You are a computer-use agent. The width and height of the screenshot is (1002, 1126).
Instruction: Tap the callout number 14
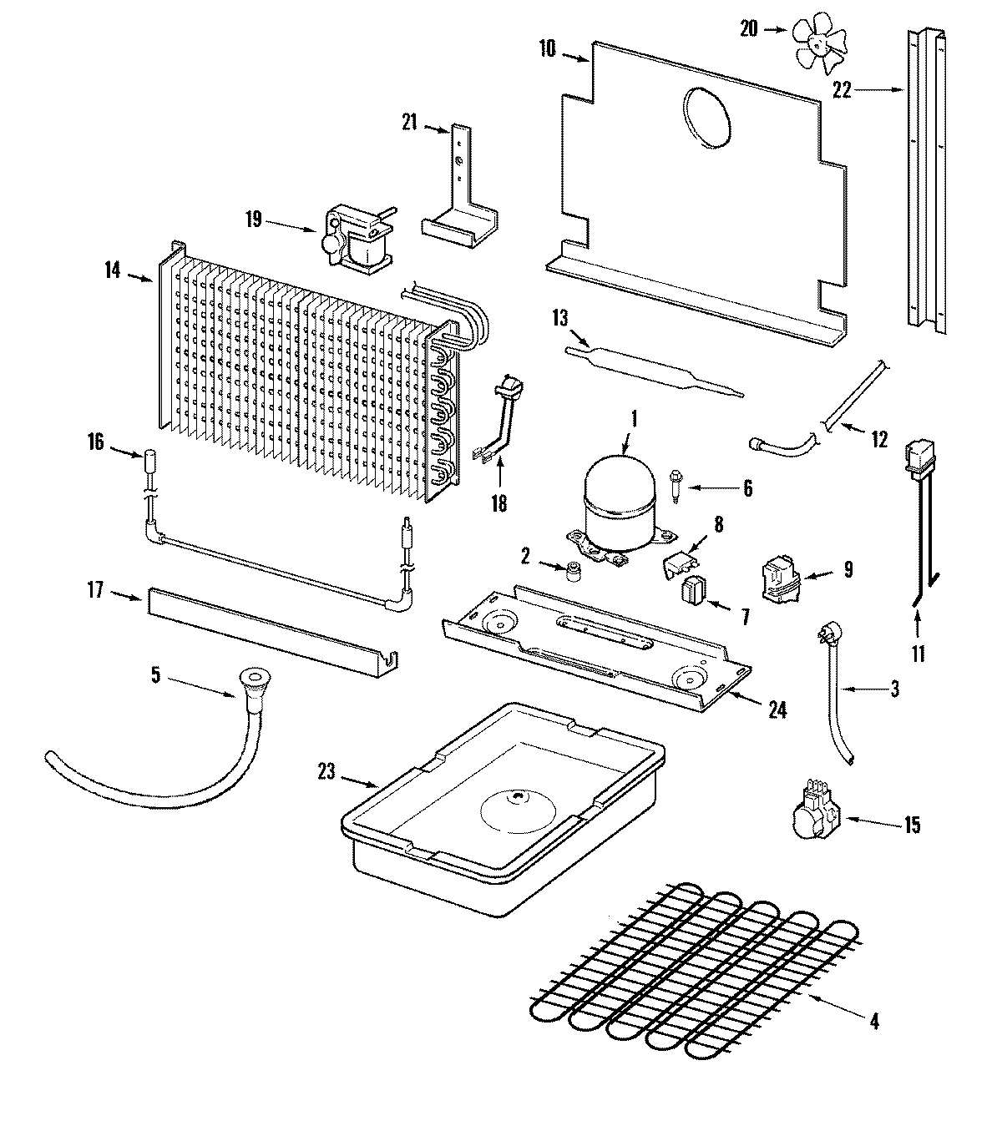coord(113,270)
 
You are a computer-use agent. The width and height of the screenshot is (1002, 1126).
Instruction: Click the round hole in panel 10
coord(706,119)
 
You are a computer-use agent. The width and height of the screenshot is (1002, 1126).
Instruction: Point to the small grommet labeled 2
coord(573,572)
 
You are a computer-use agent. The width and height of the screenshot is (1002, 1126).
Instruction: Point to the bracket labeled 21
coord(459,192)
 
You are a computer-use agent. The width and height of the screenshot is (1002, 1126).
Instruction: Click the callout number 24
coord(777,709)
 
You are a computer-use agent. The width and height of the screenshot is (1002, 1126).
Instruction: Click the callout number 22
coord(841,90)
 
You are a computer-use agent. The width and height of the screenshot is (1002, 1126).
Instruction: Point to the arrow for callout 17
coord(127,594)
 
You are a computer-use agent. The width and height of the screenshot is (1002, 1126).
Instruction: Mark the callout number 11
coord(918,654)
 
